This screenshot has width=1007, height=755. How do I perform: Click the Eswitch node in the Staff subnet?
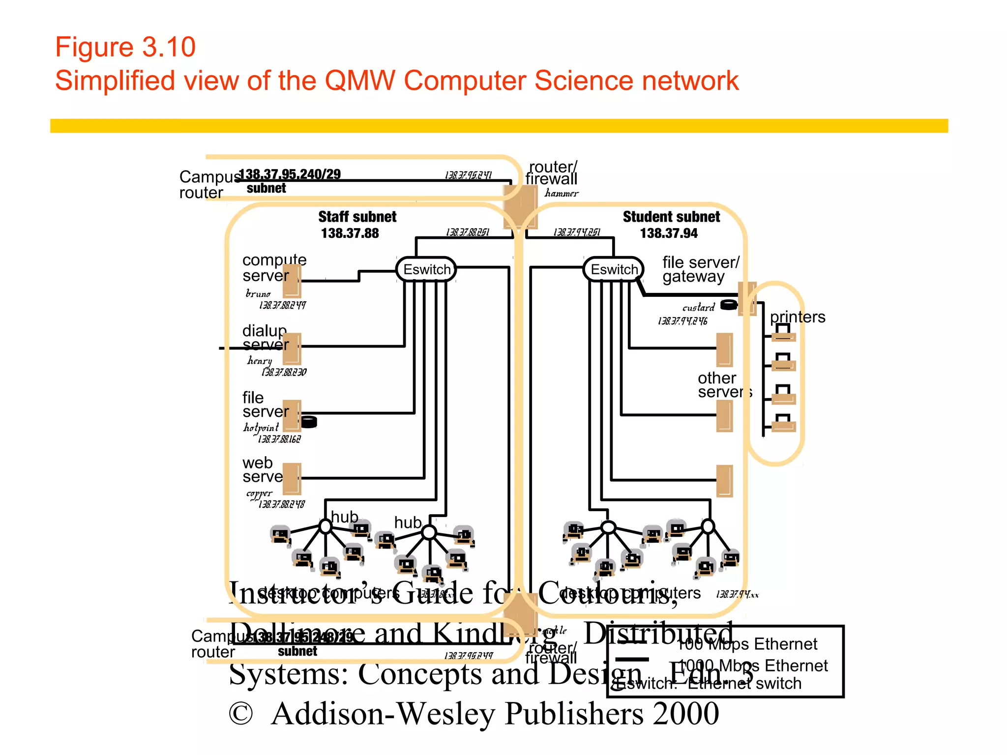[x=426, y=269]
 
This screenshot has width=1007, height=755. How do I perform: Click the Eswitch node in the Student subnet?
[x=614, y=269]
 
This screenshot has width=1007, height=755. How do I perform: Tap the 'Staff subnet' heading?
[x=357, y=216]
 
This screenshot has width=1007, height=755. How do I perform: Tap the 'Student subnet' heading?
[x=671, y=216]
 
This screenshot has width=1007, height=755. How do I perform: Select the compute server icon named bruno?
[x=292, y=281]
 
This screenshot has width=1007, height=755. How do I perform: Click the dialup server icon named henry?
[x=292, y=348]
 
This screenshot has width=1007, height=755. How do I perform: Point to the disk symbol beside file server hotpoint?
[x=309, y=421]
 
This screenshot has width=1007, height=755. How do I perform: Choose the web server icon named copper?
[x=292, y=478]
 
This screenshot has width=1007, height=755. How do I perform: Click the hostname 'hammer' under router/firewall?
[x=562, y=194]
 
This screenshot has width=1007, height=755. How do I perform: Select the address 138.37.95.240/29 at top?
[x=290, y=174]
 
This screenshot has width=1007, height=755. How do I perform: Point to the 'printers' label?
[x=797, y=317]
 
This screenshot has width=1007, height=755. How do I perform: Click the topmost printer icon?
[x=783, y=334]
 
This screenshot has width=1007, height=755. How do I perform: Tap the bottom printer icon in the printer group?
[x=783, y=423]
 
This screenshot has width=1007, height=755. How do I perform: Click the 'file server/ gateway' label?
[x=700, y=269]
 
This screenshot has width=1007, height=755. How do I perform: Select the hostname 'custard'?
[x=698, y=308]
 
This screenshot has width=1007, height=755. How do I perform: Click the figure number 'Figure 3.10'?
[x=125, y=47]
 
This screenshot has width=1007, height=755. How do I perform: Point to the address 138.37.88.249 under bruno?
[x=282, y=305]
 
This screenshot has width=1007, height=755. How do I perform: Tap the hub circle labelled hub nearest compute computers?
[x=326, y=526]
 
